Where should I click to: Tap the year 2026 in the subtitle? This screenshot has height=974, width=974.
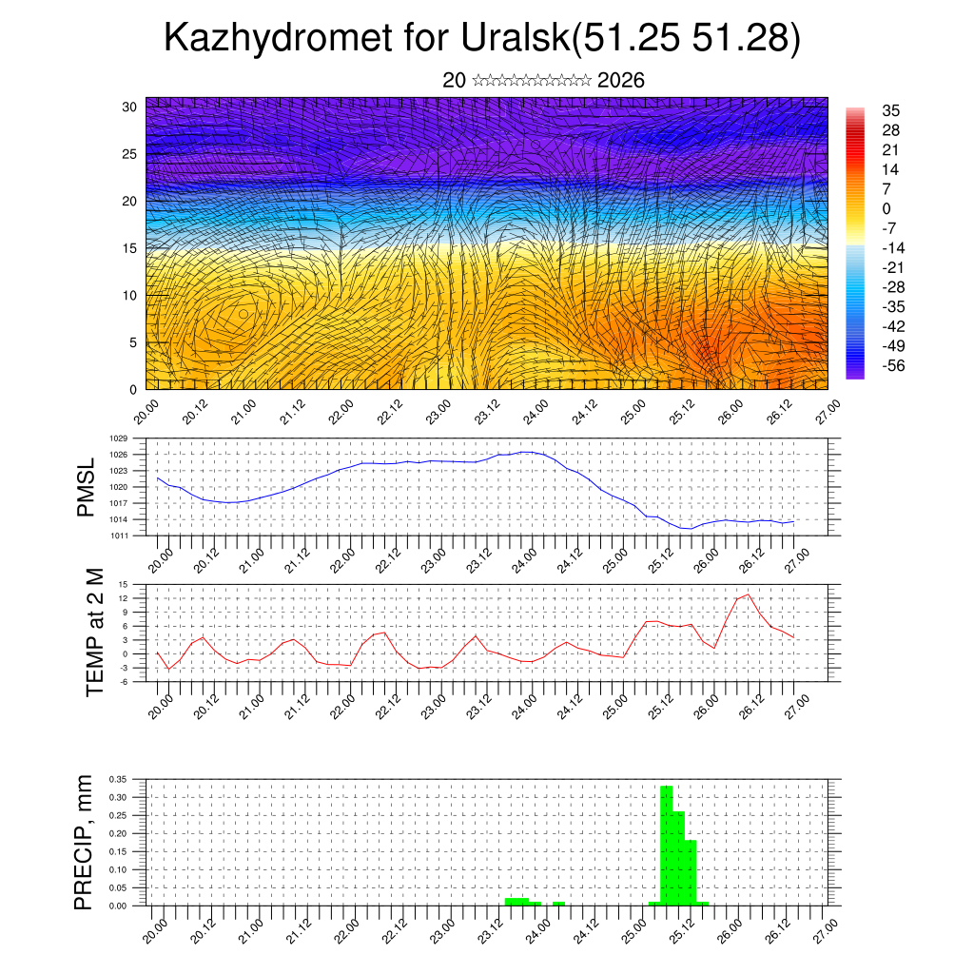tap(621, 81)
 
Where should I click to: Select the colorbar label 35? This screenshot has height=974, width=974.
tap(891, 111)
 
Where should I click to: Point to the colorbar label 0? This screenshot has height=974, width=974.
tap(886, 209)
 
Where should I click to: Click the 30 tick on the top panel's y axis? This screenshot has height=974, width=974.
tap(129, 107)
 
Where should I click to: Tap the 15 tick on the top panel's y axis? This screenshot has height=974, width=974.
tap(129, 248)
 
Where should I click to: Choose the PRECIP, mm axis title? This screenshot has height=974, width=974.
tap(85, 843)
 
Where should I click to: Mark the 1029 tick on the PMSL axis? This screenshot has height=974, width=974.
tap(119, 438)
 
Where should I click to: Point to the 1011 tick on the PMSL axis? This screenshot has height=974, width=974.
tap(119, 536)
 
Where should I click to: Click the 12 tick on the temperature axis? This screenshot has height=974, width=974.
tap(125, 598)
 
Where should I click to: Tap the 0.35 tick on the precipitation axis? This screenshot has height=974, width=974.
tap(118, 779)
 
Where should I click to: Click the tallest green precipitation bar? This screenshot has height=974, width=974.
tap(666, 845)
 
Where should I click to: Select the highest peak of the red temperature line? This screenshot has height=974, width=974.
tap(748, 594)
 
